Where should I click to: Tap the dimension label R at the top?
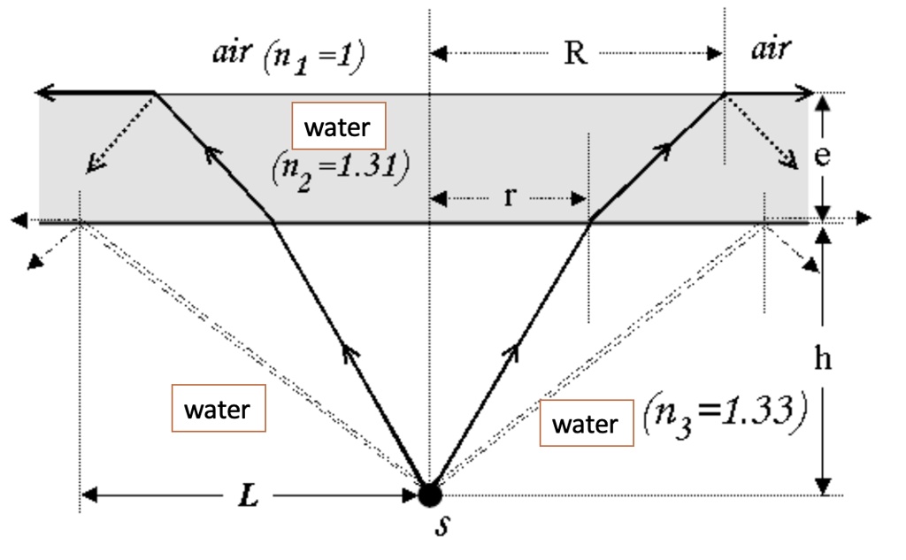coord(574,54)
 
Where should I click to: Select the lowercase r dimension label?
coord(509,196)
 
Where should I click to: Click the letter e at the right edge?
coord(822,156)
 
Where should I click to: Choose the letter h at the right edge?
coord(823,358)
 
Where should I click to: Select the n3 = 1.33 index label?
coord(723,415)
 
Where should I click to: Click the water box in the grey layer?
coord(337,127)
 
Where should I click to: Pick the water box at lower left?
coord(218,410)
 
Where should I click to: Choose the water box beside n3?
coord(586,424)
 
